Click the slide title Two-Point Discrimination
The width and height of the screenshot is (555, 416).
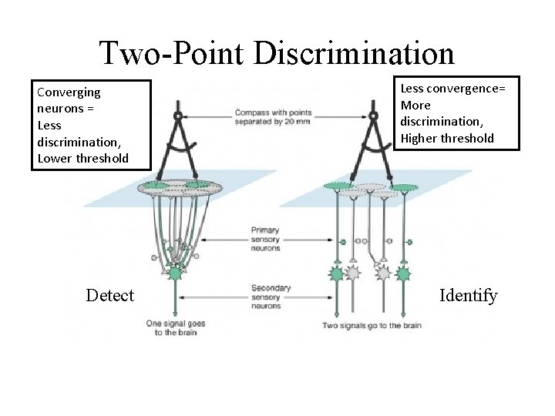click(277, 53)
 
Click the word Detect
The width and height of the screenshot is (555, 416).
click(110, 295)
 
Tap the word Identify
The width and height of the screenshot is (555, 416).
click(468, 295)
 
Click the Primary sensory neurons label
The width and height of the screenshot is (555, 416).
click(265, 239)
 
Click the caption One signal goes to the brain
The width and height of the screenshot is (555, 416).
click(176, 328)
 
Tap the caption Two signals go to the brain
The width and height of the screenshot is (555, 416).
click(372, 326)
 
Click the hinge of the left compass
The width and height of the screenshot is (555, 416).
click(178, 116)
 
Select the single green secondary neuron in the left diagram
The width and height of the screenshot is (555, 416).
click(176, 273)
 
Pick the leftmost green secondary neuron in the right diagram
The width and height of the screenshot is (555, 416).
click(337, 273)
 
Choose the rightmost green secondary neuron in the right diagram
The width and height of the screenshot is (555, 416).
click(402, 273)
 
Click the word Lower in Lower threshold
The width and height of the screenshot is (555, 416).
click(54, 159)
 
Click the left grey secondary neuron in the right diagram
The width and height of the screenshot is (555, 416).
click(353, 273)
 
